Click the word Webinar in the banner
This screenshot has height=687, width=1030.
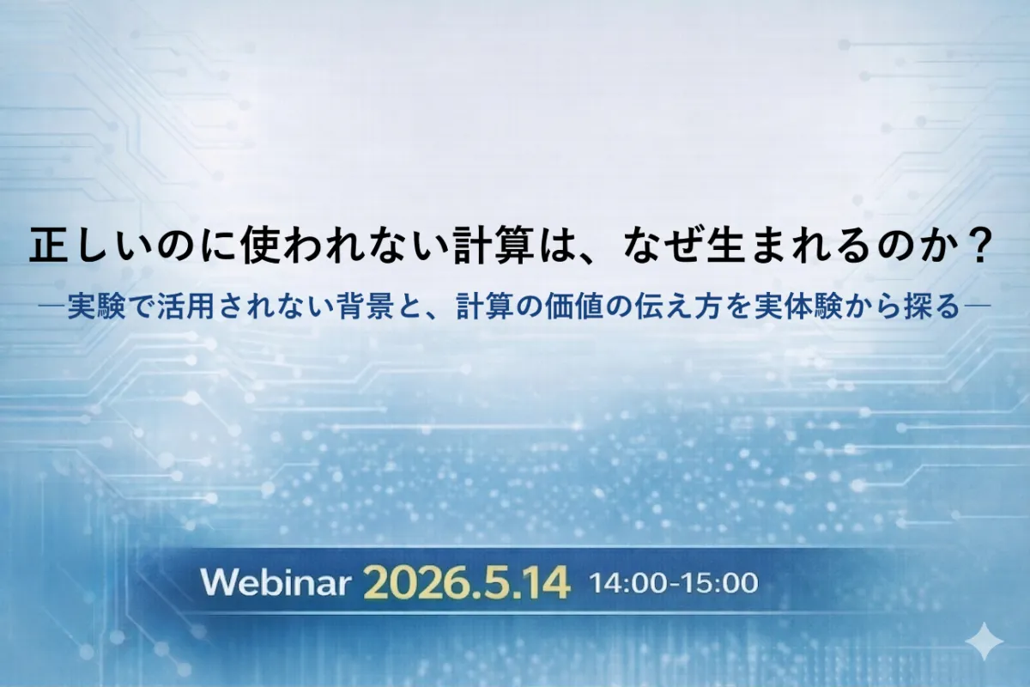click(x=274, y=583)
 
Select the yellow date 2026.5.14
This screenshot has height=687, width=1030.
click(x=467, y=583)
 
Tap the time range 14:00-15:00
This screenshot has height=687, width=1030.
click(x=674, y=583)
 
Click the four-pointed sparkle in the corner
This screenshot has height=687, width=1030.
click(x=984, y=641)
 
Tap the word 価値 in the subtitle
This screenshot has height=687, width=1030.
click(x=574, y=307)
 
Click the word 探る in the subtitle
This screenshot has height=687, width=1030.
click(x=932, y=307)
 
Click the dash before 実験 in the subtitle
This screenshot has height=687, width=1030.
click(x=52, y=305)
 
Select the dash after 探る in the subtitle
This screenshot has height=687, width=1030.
click(x=977, y=305)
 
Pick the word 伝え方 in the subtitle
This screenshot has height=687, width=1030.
click(x=680, y=307)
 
